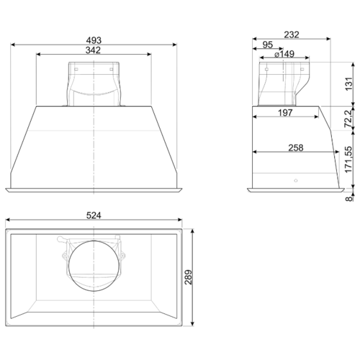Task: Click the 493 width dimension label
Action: (x=94, y=40)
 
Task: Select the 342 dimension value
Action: (x=93, y=50)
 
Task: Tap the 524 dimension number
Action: (x=94, y=215)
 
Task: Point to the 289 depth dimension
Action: (x=189, y=277)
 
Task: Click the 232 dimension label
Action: (x=292, y=35)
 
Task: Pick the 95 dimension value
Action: (x=268, y=45)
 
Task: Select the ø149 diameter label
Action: (x=284, y=54)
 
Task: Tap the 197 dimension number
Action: (x=285, y=112)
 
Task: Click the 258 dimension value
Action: (x=296, y=148)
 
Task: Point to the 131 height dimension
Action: (x=349, y=84)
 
